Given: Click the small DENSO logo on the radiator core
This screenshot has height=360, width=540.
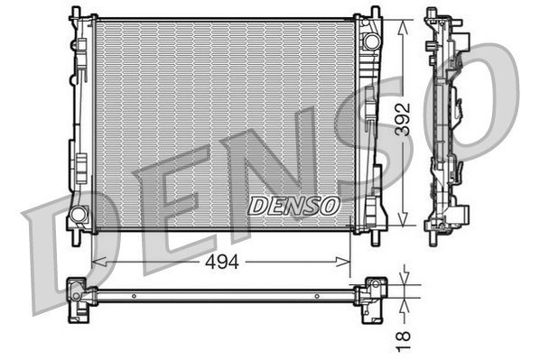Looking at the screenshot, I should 293,205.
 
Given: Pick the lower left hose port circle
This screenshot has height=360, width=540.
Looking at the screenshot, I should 79,215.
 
